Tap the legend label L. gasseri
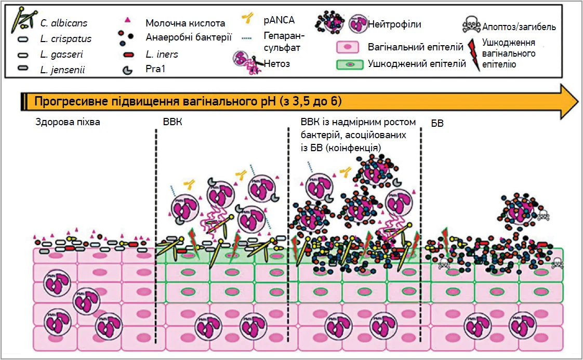(61, 54)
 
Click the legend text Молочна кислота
(186, 23)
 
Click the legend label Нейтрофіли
(394, 24)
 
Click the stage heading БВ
(437, 124)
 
